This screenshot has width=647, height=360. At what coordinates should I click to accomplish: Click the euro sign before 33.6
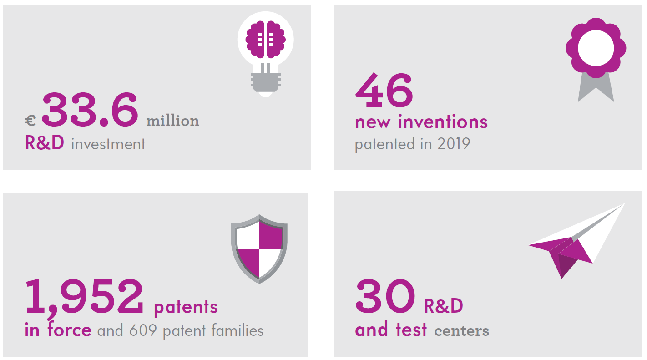(x=30, y=121)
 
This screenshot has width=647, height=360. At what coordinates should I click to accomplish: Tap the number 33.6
(x=90, y=110)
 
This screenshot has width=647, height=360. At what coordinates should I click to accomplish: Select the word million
(x=173, y=121)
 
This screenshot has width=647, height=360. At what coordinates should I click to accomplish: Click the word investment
(x=108, y=144)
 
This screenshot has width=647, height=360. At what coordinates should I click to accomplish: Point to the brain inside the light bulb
(x=265, y=39)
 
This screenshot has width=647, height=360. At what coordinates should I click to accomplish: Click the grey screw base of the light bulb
(x=265, y=82)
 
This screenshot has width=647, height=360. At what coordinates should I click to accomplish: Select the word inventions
(x=443, y=122)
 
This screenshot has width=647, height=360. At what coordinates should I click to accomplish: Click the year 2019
(x=454, y=144)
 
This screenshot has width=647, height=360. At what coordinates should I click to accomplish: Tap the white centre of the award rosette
(x=596, y=48)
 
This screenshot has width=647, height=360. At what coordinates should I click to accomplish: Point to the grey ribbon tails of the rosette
(x=596, y=88)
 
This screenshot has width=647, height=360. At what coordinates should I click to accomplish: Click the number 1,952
(x=84, y=298)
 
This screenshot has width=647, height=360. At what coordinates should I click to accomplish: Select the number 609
(x=143, y=330)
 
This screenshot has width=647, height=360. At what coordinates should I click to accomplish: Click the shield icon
(x=259, y=249)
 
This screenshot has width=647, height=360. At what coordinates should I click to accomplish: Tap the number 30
(x=385, y=296)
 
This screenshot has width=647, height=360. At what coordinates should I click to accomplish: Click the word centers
(x=461, y=331)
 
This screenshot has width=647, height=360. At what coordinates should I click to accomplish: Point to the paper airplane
(x=576, y=241)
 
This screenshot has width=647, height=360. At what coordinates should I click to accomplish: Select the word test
(x=411, y=330)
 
